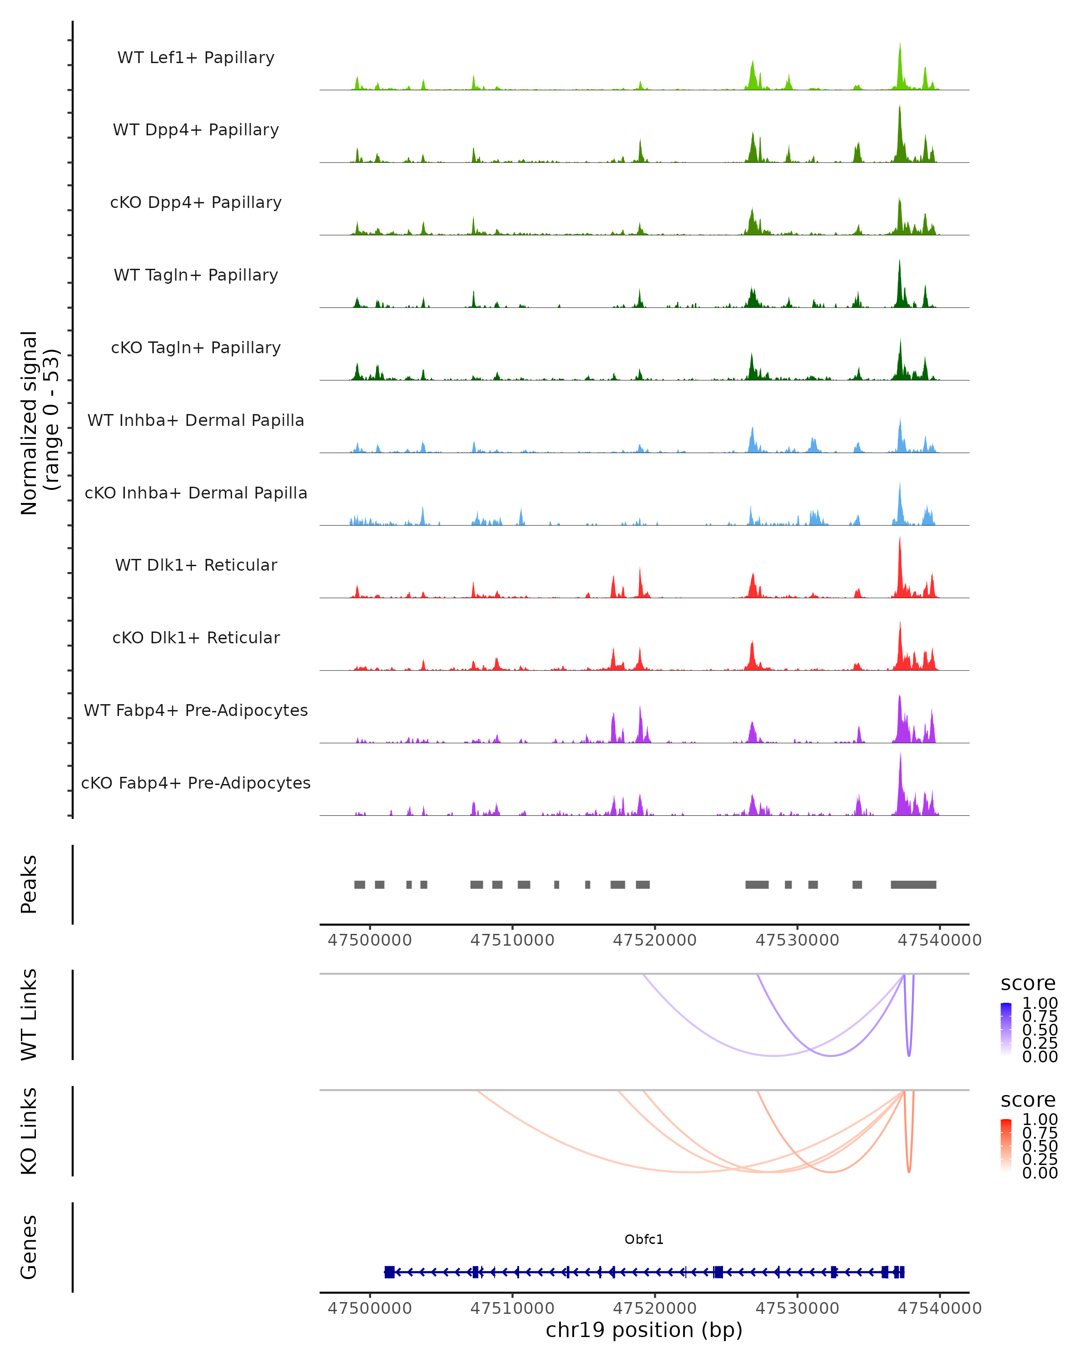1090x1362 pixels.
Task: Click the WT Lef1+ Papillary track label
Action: pyautogui.click(x=196, y=58)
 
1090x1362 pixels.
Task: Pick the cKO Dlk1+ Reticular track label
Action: pyautogui.click(x=196, y=637)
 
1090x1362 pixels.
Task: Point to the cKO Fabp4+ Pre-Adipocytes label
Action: pyautogui.click(x=196, y=783)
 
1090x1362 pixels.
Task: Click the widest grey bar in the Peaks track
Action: pyautogui.click(x=913, y=884)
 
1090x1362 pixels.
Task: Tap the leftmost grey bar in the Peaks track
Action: pyautogui.click(x=360, y=884)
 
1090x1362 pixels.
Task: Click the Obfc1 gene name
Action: pyautogui.click(x=644, y=1239)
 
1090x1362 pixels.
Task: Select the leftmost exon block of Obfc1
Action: pyautogui.click(x=389, y=1272)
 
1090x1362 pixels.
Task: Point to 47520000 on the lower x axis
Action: pyautogui.click(x=654, y=1308)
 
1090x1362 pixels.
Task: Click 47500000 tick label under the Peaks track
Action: pyautogui.click(x=370, y=940)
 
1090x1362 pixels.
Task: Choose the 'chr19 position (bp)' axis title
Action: pyautogui.click(x=644, y=1330)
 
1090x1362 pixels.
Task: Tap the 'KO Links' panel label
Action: pyautogui.click(x=29, y=1131)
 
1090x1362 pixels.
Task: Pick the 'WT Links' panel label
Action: pyautogui.click(x=29, y=1015)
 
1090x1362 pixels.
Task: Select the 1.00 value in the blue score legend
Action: pyautogui.click(x=1040, y=1003)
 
